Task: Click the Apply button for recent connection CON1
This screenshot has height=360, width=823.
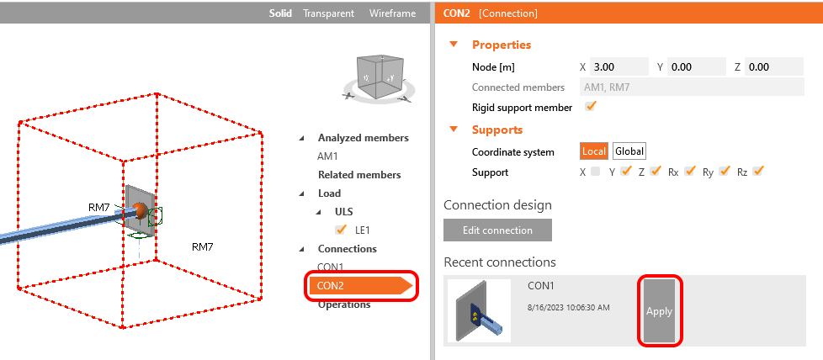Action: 659,310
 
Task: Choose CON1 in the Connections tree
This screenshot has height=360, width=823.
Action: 332,267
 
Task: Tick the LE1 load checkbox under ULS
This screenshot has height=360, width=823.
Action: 341,230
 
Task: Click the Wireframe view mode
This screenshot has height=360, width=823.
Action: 392,13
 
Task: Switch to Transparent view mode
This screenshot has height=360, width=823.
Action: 329,13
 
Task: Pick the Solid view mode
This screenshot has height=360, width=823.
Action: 281,13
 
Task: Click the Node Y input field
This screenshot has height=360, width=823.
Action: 697,66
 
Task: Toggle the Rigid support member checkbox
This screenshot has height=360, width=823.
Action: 591,107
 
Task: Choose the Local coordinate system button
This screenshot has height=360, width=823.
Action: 594,151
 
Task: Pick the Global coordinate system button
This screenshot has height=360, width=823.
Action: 629,151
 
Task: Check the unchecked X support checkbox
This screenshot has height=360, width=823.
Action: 596,172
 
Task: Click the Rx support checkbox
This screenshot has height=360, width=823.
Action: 690,172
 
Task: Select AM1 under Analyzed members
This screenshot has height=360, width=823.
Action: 327,156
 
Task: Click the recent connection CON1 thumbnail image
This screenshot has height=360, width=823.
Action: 479,310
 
